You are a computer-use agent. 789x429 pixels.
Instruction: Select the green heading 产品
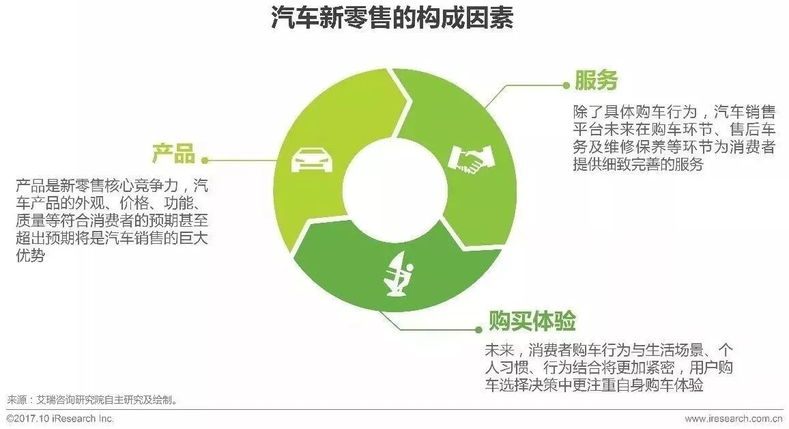(173, 153)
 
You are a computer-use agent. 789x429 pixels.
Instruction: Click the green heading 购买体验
(532, 320)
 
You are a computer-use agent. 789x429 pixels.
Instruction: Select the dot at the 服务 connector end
(566, 85)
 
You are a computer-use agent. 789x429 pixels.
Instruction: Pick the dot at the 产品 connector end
(205, 161)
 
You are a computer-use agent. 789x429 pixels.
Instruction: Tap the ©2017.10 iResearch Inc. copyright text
(60, 419)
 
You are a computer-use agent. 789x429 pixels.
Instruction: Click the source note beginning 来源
(93, 400)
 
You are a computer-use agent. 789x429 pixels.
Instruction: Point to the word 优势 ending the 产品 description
(30, 257)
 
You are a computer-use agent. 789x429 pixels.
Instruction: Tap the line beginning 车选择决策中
(593, 386)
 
